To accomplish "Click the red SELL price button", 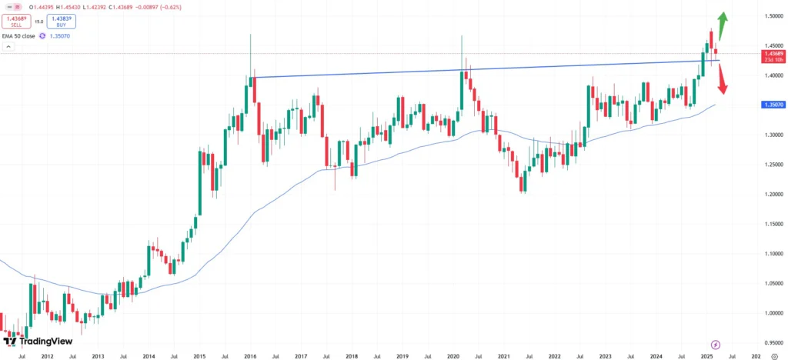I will click(x=16, y=22).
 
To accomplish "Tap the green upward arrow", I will click(x=724, y=23).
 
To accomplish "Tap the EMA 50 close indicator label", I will click(x=29, y=35).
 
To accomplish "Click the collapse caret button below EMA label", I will click(x=8, y=47).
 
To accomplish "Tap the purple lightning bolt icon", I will click(x=716, y=344).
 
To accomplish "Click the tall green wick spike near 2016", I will click(x=251, y=46).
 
